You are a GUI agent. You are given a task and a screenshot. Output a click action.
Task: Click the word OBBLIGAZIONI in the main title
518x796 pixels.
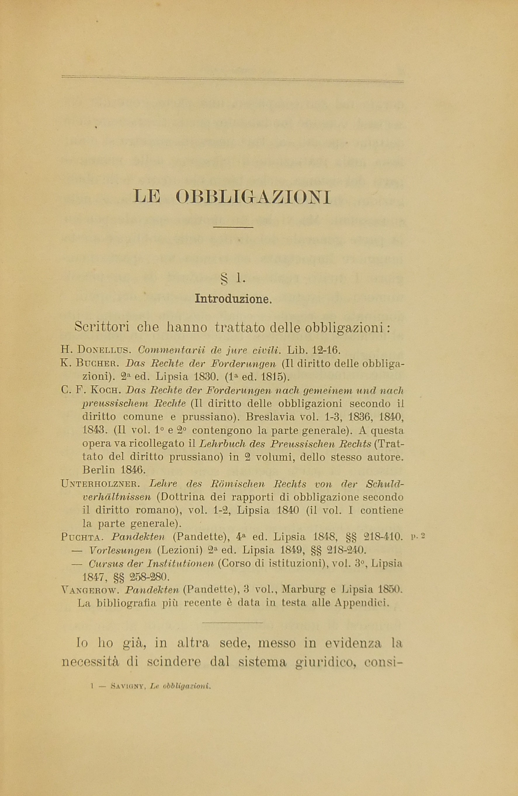[253, 197]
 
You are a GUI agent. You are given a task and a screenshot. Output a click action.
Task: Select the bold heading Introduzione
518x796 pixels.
[233, 298]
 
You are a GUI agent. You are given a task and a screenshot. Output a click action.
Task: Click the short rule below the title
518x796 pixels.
[233, 228]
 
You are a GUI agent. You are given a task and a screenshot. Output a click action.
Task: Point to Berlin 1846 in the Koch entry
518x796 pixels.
[114, 470]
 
